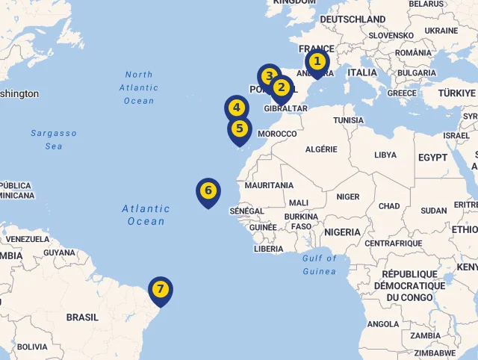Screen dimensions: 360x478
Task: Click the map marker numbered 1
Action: pos(317,62)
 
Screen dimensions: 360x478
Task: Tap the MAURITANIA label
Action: pos(269,185)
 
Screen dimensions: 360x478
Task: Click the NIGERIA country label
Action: pos(342,232)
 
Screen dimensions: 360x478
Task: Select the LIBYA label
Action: pos(385,155)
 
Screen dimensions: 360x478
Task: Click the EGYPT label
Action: pos(432,158)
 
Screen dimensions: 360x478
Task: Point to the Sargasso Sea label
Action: pos(54,140)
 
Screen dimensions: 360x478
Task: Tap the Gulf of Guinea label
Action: pos(320,264)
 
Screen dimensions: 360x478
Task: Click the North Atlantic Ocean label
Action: pos(139,87)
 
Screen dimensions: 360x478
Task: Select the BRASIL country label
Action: pos(82,317)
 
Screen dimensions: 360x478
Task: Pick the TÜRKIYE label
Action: pos(457,93)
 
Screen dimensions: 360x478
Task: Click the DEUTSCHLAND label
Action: pos(353,19)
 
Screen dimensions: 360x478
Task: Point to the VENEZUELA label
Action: pos(27,240)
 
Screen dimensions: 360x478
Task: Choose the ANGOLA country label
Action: pos(383,324)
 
